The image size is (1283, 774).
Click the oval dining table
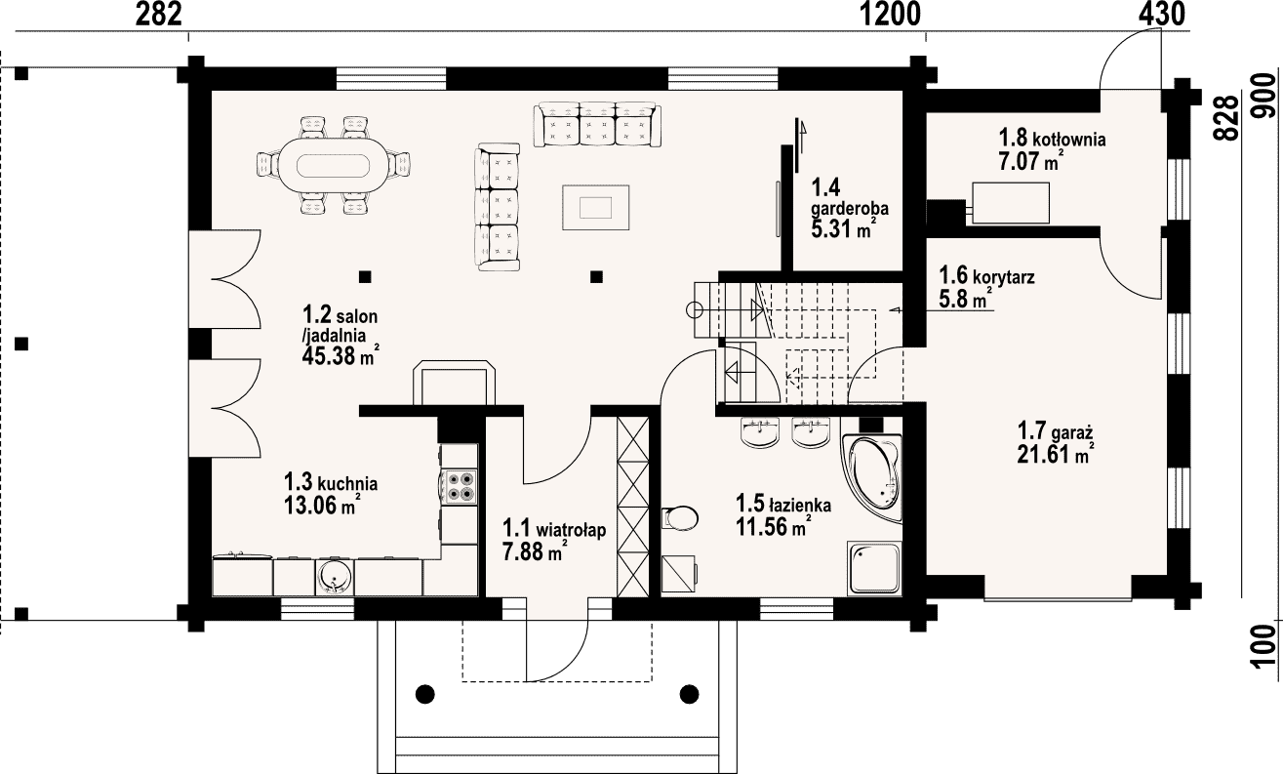pos(335,165)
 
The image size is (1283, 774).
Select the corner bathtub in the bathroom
pos(871,477)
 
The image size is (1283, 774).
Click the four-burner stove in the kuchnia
pos(460,486)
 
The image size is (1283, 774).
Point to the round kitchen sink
pos(335,577)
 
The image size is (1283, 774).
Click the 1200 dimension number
pos(891,15)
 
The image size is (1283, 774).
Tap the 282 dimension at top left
pos(159,15)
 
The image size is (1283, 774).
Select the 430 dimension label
pos(1162,15)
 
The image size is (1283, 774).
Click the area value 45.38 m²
pos(341,356)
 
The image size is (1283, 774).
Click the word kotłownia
pos(1068,140)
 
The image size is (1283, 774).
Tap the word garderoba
pos(850,208)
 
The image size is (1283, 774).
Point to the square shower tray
pos(874,568)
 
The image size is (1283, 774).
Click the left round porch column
pos(424,694)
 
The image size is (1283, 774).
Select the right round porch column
pos(689,694)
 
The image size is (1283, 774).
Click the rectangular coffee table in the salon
pos(596,207)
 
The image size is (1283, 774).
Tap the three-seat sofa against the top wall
pos(597,124)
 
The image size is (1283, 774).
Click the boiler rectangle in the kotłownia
pos(1011,203)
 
